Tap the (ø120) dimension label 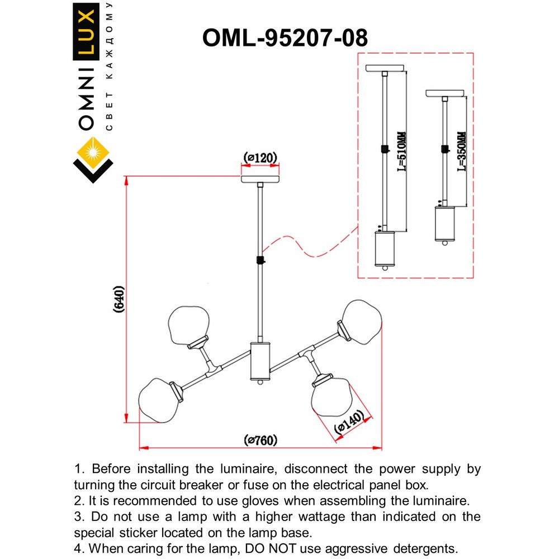pos(260,158)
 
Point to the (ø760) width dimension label pos(260,440)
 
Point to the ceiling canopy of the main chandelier pos(260,179)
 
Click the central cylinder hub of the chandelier pos(260,361)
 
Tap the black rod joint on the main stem pos(260,260)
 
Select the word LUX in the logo pos(87,34)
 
